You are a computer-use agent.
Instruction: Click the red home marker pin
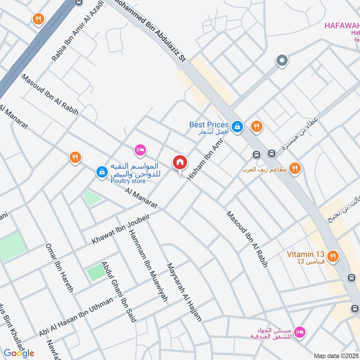click(x=180, y=162)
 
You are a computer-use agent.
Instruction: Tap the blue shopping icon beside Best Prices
click(x=238, y=127)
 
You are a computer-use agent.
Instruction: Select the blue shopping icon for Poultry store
click(x=102, y=171)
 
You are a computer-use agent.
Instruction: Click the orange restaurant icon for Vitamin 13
click(x=333, y=256)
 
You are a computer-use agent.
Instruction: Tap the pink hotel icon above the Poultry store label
click(x=140, y=149)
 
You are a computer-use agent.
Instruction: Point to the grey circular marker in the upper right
click(x=282, y=60)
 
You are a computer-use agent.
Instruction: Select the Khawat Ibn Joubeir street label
click(x=120, y=229)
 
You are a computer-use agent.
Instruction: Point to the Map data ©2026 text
click(x=336, y=355)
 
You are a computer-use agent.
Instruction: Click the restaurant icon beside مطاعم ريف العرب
click(x=295, y=169)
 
